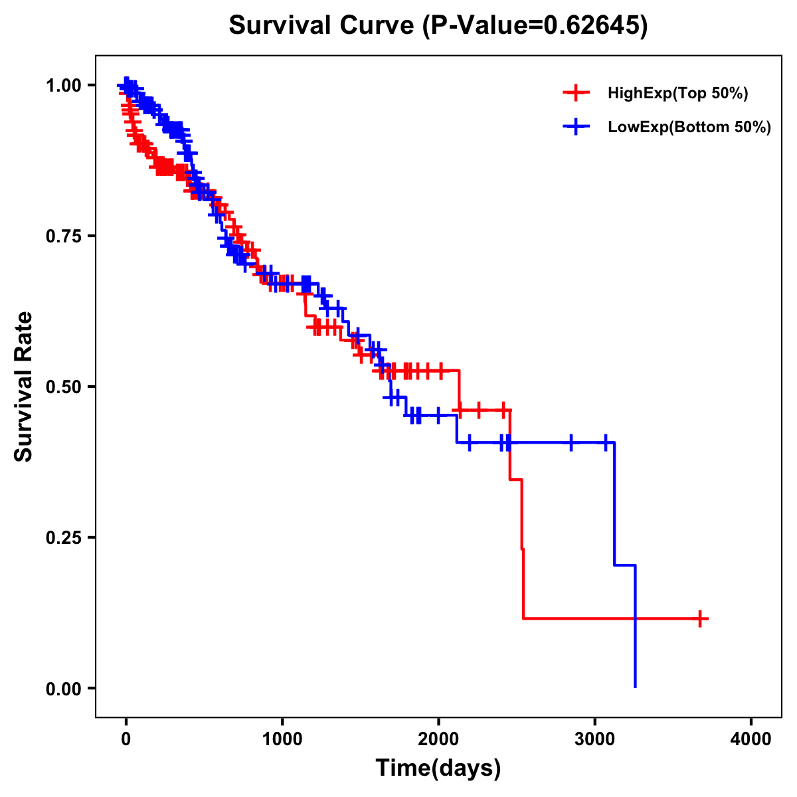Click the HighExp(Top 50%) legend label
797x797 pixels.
[x=678, y=94]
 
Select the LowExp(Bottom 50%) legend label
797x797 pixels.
[x=689, y=127]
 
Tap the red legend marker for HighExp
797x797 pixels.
[x=576, y=93]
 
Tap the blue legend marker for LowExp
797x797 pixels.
[x=576, y=126]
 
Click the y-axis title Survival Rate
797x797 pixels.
[x=24, y=386]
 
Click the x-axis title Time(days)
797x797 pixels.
[x=438, y=768]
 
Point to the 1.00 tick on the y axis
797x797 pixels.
[x=64, y=86]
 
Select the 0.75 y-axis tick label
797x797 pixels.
[x=64, y=236]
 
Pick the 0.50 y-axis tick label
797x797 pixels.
[x=64, y=387]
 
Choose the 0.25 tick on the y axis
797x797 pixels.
[x=64, y=537]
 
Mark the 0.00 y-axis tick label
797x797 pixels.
[x=64, y=688]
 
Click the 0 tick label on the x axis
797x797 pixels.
[x=126, y=739]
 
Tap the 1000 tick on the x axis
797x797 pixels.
[x=282, y=739]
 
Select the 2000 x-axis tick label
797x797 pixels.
[x=438, y=739]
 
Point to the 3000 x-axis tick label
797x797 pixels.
[x=595, y=739]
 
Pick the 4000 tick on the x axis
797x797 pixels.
[x=751, y=739]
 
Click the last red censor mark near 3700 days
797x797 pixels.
[x=699, y=618]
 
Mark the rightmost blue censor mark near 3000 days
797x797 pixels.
[x=605, y=442]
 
